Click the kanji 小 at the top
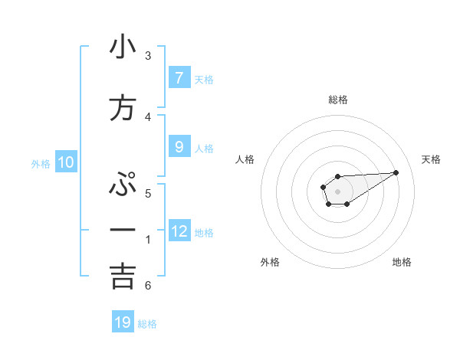tap(123, 47)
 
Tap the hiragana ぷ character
tap(123, 186)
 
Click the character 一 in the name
tap(123, 230)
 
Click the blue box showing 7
tap(179, 78)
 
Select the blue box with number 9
tap(179, 147)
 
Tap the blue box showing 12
tap(179, 231)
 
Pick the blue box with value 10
tap(66, 162)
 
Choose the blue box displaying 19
tap(123, 322)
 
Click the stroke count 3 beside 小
tap(148, 56)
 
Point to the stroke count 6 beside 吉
tap(148, 286)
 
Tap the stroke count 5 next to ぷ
tap(148, 194)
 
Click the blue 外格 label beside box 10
tap(41, 163)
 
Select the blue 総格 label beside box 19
tap(147, 323)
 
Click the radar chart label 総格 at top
tap(337, 100)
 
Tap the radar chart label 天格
tap(432, 159)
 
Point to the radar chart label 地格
tap(402, 262)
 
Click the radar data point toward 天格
tap(396, 172)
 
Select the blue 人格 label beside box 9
tap(204, 148)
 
